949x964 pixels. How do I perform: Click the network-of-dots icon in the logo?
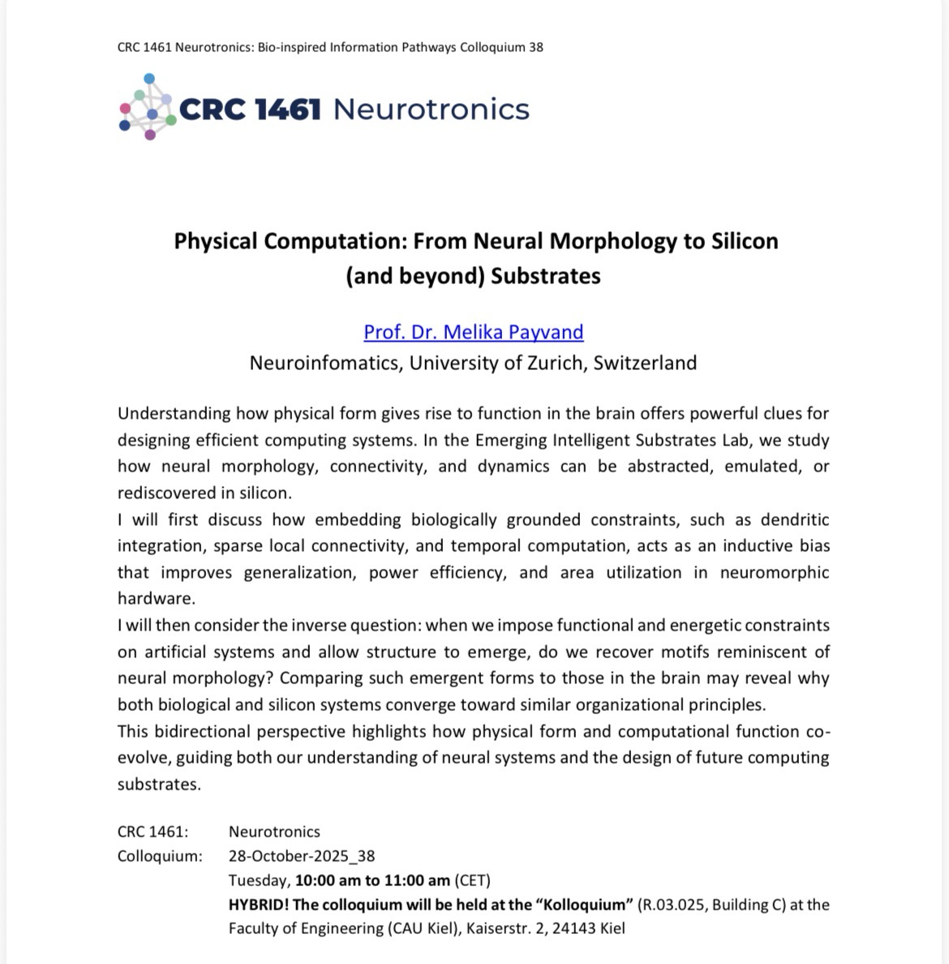point(148,106)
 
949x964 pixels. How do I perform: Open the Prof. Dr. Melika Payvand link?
point(474,332)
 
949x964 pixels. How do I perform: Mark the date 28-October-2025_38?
point(302,856)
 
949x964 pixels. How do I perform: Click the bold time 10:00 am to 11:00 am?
point(372,880)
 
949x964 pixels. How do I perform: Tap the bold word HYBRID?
point(258,905)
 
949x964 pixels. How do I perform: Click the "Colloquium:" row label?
point(160,856)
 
